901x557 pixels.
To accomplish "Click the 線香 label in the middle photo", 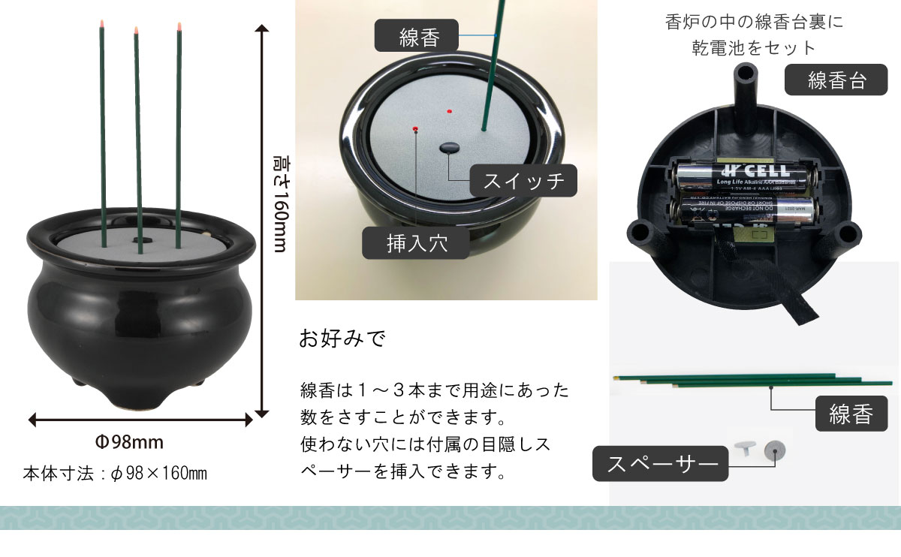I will pyautogui.click(x=417, y=36).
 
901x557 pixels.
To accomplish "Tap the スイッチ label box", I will pyautogui.click(x=523, y=181).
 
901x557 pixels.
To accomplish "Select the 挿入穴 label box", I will pyautogui.click(x=416, y=242).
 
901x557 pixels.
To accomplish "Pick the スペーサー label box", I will pyautogui.click(x=661, y=464).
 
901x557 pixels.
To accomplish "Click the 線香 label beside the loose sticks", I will pyautogui.click(x=851, y=414).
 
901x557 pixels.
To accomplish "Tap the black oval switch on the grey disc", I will pyautogui.click(x=450, y=148).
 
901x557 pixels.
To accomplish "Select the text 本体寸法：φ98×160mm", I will pyautogui.click(x=115, y=474).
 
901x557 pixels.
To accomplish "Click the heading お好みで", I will pyautogui.click(x=342, y=339).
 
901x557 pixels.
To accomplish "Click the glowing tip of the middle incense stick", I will pyautogui.click(x=136, y=30).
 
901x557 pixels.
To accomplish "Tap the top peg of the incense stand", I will pyautogui.click(x=745, y=74).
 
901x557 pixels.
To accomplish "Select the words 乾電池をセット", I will pyautogui.click(x=753, y=48).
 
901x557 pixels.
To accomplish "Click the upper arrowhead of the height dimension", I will pyautogui.click(x=261, y=29).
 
